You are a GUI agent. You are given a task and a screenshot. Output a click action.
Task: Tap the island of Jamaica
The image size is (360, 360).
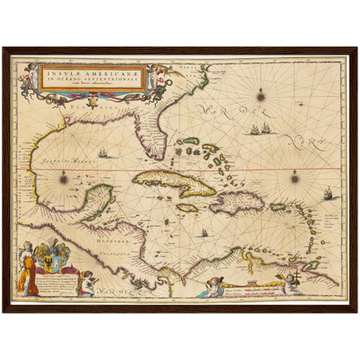click(188, 208)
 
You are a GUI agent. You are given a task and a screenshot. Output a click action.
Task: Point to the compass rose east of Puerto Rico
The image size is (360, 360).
click(294, 178)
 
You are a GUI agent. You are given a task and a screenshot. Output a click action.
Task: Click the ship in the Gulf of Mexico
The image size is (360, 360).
click(103, 154)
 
